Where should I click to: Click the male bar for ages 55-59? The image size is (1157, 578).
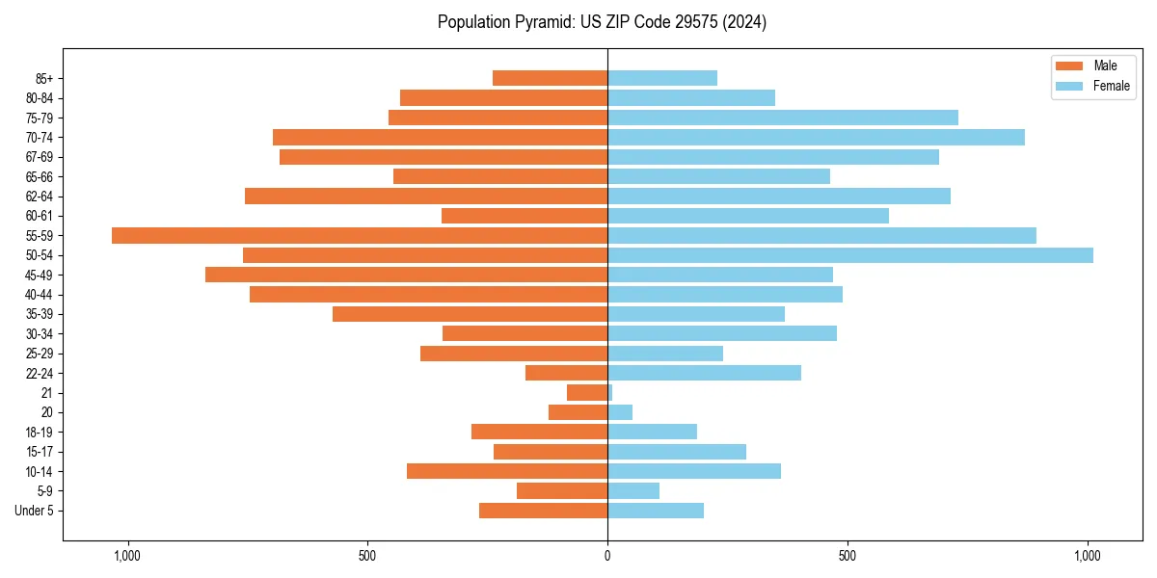360,236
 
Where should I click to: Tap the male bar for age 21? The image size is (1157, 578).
587,393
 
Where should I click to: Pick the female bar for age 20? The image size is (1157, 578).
620,412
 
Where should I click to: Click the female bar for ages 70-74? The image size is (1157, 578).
816,138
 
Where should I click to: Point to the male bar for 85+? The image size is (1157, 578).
550,78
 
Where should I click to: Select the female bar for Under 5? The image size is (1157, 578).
656,511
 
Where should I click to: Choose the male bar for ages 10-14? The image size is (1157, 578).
507,471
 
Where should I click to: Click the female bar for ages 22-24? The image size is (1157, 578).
704,373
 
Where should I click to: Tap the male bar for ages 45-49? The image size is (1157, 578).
406,276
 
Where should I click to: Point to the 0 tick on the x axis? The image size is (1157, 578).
607,556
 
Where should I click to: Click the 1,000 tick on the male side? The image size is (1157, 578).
127,556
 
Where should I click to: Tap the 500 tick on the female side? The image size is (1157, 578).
847,556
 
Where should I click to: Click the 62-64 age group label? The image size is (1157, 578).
40,197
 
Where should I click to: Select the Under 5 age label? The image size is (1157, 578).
34,511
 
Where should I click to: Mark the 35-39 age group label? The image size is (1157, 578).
40,314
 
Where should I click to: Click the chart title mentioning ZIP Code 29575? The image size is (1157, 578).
602,22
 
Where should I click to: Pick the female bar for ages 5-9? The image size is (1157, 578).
633,491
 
